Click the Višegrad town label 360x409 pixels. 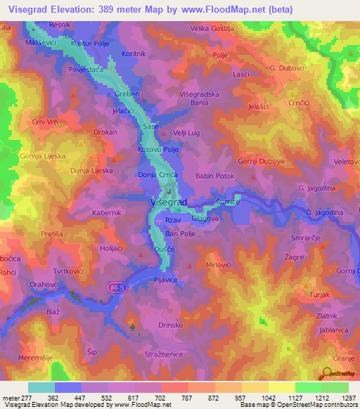(x=169, y=202)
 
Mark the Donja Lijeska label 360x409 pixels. (x=91, y=170)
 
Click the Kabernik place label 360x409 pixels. (x=108, y=211)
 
